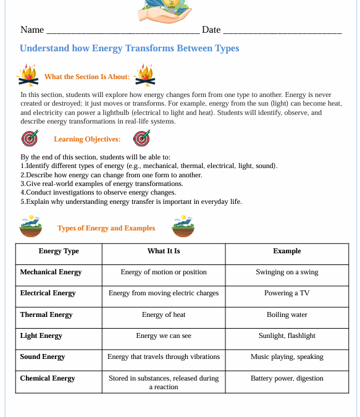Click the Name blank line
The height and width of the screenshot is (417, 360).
pyautogui.click(x=123, y=31)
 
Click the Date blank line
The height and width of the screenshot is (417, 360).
pyautogui.click(x=282, y=31)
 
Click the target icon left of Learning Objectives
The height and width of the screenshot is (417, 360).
pyautogui.click(x=29, y=138)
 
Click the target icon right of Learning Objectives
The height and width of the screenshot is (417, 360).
pyautogui.click(x=141, y=138)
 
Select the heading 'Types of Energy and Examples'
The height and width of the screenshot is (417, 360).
pyautogui.click(x=106, y=228)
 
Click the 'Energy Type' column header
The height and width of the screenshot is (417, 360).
pyautogui.click(x=59, y=251)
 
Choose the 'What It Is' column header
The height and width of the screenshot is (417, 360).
pyautogui.click(x=164, y=251)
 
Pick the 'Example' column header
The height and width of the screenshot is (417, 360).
pyautogui.click(x=287, y=251)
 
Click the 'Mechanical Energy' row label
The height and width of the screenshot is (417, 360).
pyautogui.click(x=51, y=272)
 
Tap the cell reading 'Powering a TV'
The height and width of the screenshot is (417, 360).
pyautogui.click(x=287, y=293)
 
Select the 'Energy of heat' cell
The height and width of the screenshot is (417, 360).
pyautogui.click(x=164, y=314)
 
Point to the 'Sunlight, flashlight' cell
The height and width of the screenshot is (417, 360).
pyautogui.click(x=287, y=335)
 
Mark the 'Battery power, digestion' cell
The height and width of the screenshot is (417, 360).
pyautogui.click(x=287, y=378)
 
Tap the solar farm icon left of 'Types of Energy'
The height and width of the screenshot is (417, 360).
pyautogui.click(x=31, y=226)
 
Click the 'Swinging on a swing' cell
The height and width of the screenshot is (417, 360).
pyautogui.click(x=287, y=272)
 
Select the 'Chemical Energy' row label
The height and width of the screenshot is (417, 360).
pyautogui.click(x=48, y=378)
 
